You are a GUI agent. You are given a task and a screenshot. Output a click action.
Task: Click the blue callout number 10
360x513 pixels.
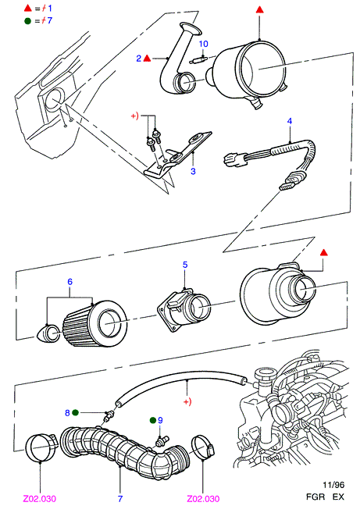point(203,44)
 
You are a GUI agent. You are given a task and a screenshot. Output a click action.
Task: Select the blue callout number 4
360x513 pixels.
point(290,121)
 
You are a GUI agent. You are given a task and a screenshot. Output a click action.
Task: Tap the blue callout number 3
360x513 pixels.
point(193,171)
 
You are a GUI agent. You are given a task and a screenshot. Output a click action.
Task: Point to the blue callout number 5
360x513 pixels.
point(185,265)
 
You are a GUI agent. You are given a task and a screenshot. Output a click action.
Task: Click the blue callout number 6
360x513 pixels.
point(70,282)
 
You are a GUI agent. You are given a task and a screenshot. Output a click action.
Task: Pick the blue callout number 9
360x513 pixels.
point(160,420)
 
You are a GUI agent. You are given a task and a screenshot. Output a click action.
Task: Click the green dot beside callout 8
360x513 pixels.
point(75,412)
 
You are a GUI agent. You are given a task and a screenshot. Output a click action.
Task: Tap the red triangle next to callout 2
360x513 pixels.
point(148,59)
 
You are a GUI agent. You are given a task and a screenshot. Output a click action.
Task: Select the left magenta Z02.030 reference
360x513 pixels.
point(40,498)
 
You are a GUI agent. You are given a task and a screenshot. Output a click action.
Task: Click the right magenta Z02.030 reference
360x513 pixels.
point(203,498)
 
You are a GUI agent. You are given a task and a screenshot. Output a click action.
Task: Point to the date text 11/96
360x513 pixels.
point(333,485)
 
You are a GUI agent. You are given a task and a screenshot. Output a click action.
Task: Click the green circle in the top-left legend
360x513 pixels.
point(28,20)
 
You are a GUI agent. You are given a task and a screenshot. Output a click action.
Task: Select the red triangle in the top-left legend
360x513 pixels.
point(28,8)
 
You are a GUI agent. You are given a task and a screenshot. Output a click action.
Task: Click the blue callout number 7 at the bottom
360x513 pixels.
point(120,498)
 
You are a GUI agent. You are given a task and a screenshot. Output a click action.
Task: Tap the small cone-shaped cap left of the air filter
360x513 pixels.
point(48,333)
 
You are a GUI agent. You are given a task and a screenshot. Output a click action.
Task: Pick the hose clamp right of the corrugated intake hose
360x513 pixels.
point(204,447)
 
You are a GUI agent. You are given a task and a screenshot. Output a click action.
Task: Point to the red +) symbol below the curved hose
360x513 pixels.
point(187,402)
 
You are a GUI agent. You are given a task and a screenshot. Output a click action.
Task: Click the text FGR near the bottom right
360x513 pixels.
point(315,497)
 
